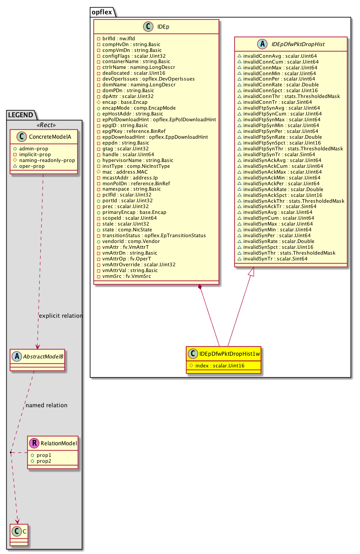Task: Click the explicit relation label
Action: click(61, 316)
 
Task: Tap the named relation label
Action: click(47, 405)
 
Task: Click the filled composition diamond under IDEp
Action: click(200, 287)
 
